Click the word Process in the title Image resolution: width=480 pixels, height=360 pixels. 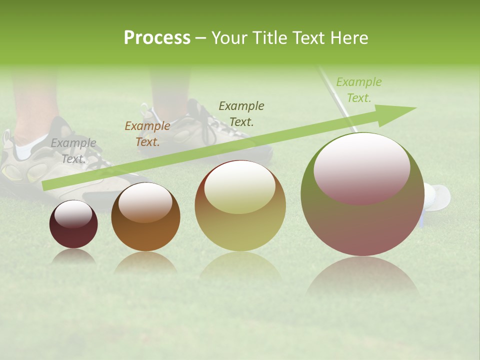click(x=157, y=38)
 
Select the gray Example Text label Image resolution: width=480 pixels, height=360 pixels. click(x=73, y=151)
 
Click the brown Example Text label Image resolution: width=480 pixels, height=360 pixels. click(x=147, y=134)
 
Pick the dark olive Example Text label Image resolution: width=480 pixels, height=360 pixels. click(x=241, y=113)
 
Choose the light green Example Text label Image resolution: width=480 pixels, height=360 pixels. click(x=358, y=90)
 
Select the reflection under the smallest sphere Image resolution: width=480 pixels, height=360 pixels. click(x=73, y=256)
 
